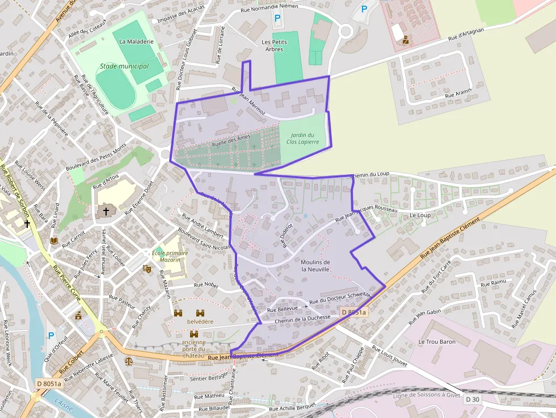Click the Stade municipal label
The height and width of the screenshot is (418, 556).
(124, 66)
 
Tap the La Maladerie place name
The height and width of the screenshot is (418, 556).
(136, 41)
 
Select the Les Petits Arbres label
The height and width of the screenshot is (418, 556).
(274, 45)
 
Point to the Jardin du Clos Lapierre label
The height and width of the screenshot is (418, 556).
(302, 138)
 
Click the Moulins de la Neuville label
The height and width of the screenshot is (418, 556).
(315, 265)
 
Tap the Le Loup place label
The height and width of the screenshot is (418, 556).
(420, 216)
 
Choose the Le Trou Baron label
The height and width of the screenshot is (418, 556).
(437, 342)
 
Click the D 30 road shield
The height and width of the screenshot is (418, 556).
(472, 399)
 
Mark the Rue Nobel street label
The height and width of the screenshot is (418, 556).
(207, 285)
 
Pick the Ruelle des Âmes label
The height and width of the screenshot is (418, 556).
(231, 141)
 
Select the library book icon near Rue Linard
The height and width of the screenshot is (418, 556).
(54, 241)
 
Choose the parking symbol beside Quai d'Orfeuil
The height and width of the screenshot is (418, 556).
(52, 336)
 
